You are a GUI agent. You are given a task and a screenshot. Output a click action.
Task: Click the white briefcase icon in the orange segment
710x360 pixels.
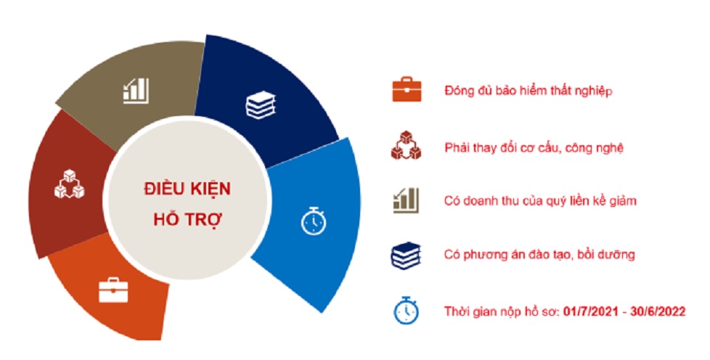pyautogui.click(x=113, y=290)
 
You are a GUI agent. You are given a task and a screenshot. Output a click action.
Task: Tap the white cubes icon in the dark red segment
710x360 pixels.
pyautogui.click(x=69, y=184)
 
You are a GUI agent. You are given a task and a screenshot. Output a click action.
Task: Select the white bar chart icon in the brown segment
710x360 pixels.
pyautogui.click(x=136, y=91)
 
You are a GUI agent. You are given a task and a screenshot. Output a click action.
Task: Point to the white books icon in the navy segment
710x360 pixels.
pyautogui.click(x=261, y=105)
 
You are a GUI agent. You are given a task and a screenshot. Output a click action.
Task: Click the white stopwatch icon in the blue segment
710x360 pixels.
pyautogui.click(x=314, y=221)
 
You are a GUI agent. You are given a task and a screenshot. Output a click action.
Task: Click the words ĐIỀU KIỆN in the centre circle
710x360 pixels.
pyautogui.click(x=187, y=189)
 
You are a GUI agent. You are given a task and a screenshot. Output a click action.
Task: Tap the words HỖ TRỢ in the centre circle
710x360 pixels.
pyautogui.click(x=187, y=219)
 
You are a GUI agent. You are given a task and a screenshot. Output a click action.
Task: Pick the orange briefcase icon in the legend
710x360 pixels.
pyautogui.click(x=406, y=89)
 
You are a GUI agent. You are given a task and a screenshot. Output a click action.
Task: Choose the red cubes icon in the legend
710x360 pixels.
pyautogui.click(x=406, y=145)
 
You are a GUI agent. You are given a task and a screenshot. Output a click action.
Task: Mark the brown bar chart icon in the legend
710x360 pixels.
pyautogui.click(x=406, y=200)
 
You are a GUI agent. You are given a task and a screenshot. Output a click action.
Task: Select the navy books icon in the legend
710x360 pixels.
pyautogui.click(x=406, y=256)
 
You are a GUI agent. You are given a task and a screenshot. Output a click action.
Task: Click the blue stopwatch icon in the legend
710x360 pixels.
pyautogui.click(x=406, y=310)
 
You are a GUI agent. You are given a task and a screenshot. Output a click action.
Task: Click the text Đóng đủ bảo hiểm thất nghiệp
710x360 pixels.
pyautogui.click(x=529, y=91)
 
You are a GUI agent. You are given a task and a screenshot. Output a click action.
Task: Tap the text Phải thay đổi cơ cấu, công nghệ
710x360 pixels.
pyautogui.click(x=534, y=147)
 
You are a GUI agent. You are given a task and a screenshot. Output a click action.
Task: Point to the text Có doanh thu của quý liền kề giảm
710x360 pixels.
pyautogui.click(x=540, y=200)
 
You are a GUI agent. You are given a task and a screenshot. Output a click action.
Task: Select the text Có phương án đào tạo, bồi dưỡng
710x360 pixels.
pyautogui.click(x=539, y=255)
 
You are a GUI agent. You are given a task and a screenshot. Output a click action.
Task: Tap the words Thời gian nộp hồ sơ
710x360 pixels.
pyautogui.click(x=502, y=311)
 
